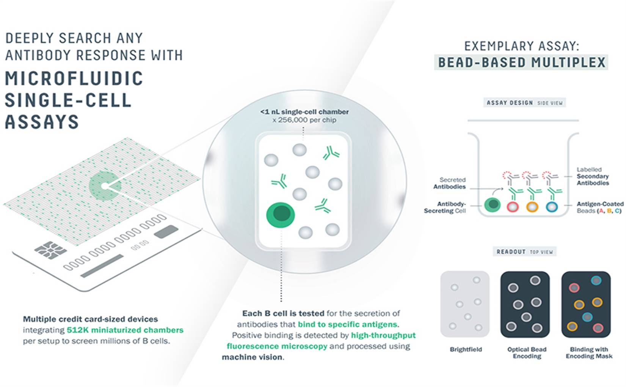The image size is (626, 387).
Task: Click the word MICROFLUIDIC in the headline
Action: click(x=74, y=78)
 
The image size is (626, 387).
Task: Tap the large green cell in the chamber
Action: click(x=280, y=215)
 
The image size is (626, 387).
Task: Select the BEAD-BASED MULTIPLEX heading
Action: click(x=521, y=62)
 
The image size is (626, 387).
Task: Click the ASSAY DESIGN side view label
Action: click(x=524, y=103)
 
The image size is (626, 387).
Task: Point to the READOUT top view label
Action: click(x=524, y=252)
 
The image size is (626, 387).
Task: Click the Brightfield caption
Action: click(x=466, y=349)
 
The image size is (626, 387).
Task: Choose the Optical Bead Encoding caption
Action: click(x=527, y=352)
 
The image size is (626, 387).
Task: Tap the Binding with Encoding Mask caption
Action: click(x=589, y=352)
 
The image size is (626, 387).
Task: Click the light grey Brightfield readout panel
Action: click(x=465, y=304)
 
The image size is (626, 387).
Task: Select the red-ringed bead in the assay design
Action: click(x=513, y=207)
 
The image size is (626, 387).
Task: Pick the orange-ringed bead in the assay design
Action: click(x=532, y=207)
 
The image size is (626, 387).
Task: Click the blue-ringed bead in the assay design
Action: click(x=552, y=207)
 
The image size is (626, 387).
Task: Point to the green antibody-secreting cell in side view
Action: click(x=493, y=205)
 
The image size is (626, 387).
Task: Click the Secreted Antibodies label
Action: click(x=449, y=183)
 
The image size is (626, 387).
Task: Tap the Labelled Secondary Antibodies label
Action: click(x=593, y=176)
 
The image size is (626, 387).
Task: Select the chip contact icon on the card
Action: click(x=50, y=250)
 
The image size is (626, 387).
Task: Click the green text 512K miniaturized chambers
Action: click(x=125, y=330)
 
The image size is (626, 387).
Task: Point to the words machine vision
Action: click(x=253, y=357)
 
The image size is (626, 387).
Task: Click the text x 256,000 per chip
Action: click(x=304, y=120)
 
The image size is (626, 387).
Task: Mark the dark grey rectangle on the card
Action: click(x=166, y=231)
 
